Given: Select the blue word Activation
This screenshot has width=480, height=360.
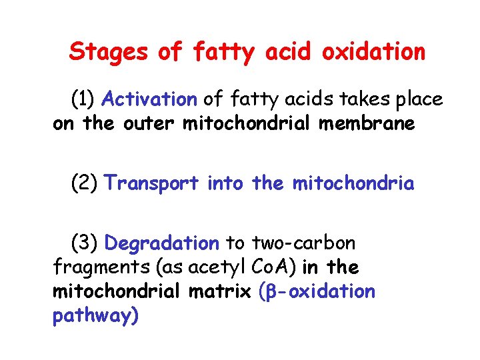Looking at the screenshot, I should pos(149,100).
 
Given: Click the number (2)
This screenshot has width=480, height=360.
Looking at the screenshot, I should pos(85,183).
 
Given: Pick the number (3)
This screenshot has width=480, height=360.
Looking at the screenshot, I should pos(85,243).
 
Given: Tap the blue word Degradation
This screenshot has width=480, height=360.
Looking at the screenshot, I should pos(162,243).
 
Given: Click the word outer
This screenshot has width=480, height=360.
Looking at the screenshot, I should pos(146,124).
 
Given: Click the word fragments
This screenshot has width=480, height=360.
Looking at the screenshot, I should pos(91,268).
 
